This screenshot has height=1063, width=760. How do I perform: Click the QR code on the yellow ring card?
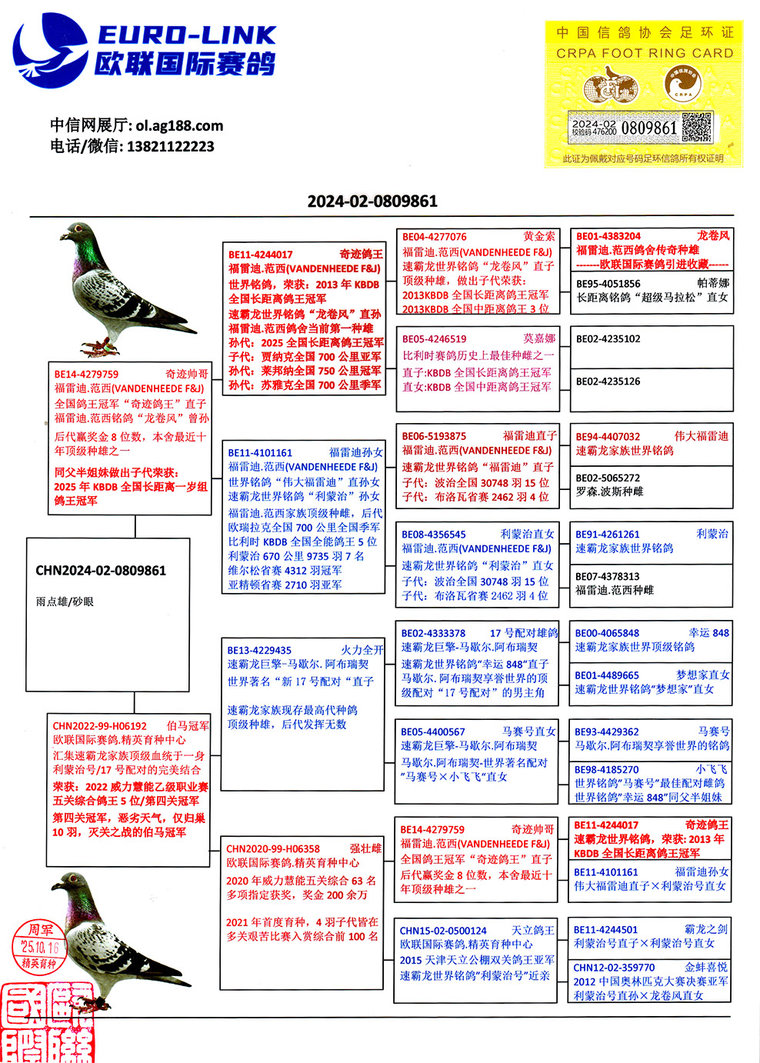tap(696, 128)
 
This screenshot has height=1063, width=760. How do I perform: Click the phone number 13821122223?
tap(170, 146)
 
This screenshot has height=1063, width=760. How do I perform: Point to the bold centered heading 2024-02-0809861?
tap(372, 202)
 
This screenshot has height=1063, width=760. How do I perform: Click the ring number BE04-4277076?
tap(434, 237)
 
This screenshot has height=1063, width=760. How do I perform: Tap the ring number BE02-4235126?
tap(608, 382)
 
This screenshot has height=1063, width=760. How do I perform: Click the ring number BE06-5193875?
tap(434, 436)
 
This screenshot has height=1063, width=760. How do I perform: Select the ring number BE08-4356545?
tap(434, 535)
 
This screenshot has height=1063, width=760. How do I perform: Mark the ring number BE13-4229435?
tap(259, 650)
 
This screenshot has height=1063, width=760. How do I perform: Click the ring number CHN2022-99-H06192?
tap(99, 726)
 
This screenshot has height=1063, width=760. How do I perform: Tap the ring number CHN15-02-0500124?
tap(443, 931)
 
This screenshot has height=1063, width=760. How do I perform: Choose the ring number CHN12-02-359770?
tap(614, 968)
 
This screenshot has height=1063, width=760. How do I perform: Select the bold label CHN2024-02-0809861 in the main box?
tap(101, 571)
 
